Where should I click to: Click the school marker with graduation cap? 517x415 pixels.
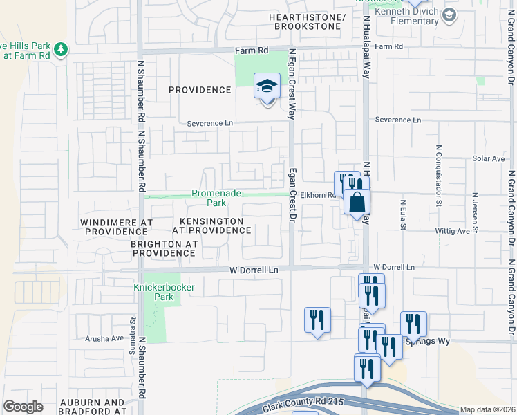click(267, 87)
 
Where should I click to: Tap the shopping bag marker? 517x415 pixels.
click(357, 203)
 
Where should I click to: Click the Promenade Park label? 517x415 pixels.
click(216, 199)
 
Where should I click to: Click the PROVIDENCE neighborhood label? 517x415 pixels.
click(200, 90)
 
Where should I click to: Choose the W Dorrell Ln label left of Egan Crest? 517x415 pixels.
click(250, 270)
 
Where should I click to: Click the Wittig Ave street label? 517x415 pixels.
click(471, 230)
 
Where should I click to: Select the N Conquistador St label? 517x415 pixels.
click(438, 176)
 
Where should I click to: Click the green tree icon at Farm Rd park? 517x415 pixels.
click(62, 49)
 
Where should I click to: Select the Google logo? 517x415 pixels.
click(23, 407)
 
